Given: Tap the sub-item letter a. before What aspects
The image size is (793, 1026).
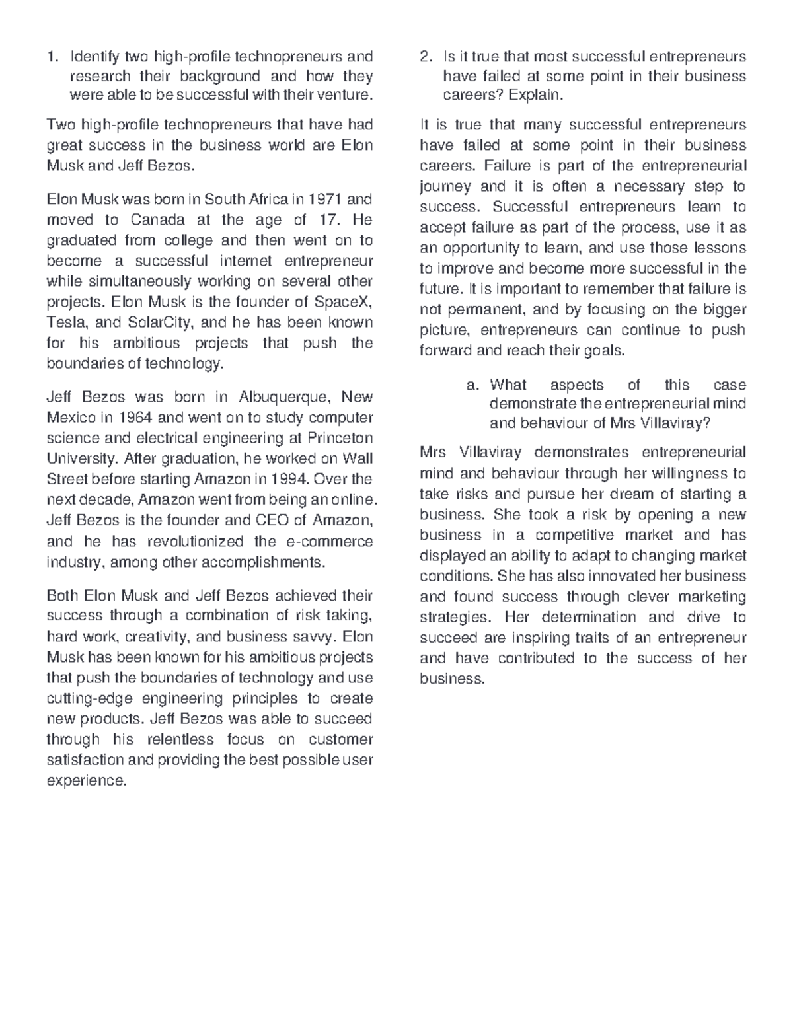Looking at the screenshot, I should pos(472,385).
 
